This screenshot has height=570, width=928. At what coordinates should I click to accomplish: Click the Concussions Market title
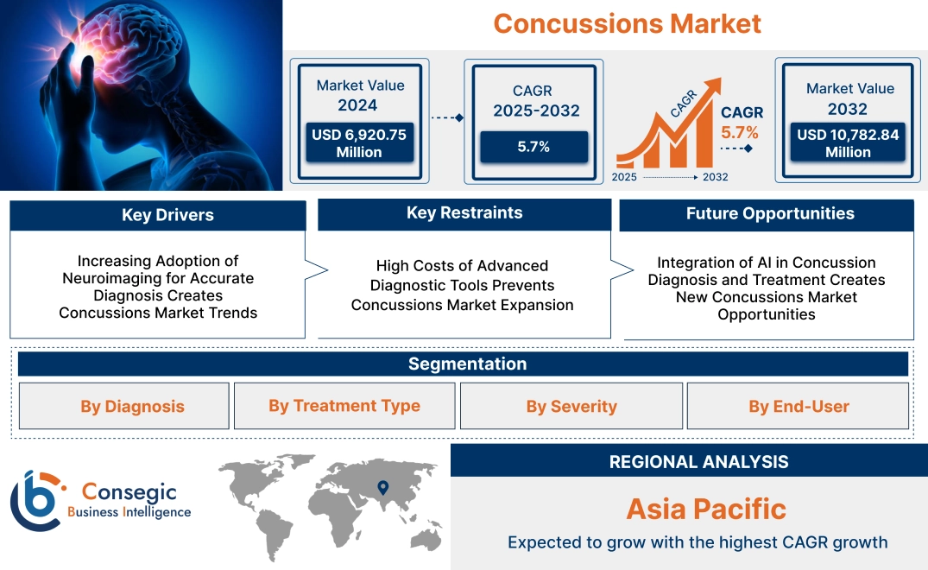(x=627, y=23)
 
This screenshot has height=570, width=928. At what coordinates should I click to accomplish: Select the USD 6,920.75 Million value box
(x=358, y=142)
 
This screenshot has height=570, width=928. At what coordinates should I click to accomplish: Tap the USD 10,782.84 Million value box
(x=848, y=142)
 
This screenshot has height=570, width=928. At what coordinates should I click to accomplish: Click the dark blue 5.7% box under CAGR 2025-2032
(x=533, y=147)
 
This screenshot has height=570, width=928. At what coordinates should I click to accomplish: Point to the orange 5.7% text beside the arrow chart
(x=739, y=132)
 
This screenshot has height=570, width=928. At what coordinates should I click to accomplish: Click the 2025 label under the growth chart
(x=625, y=177)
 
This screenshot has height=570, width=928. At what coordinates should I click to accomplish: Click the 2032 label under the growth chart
(x=715, y=177)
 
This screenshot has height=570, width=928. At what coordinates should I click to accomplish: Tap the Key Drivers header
(x=158, y=215)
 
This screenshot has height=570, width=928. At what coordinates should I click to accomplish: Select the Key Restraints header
(x=464, y=213)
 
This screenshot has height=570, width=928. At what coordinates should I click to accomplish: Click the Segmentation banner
(x=466, y=364)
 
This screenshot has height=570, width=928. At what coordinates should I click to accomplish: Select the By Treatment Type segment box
(x=344, y=406)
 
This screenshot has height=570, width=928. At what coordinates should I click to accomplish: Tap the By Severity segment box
(x=571, y=406)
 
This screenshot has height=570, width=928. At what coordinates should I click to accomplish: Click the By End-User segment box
(x=799, y=406)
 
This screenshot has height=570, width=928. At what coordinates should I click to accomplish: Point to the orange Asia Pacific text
(x=705, y=509)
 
